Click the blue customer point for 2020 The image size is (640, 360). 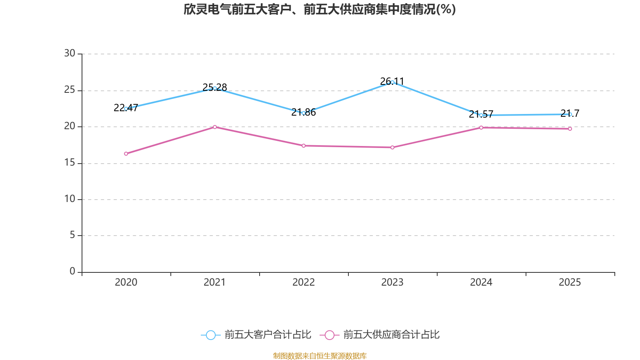(x=126, y=108)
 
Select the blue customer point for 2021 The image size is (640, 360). (x=215, y=88)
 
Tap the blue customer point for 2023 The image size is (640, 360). (x=392, y=82)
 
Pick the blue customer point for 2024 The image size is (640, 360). (x=481, y=115)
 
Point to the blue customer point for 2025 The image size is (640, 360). (x=570, y=114)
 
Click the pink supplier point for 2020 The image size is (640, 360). (x=126, y=154)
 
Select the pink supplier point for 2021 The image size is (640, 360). (x=215, y=127)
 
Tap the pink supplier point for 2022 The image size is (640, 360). (x=304, y=146)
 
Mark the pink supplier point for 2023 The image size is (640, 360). (x=392, y=148)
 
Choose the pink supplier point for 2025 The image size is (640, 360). (x=570, y=129)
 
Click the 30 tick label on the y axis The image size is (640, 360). (x=70, y=53)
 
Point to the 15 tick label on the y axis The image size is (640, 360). (x=70, y=162)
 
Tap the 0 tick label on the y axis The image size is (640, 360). (x=72, y=272)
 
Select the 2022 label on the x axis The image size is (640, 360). (x=304, y=282)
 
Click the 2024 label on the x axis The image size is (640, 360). (x=481, y=282)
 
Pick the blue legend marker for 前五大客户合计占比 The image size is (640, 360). (x=210, y=335)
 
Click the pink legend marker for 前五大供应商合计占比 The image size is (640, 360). (x=329, y=335)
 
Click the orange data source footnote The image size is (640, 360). (x=320, y=356)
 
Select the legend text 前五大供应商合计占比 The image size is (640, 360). (x=391, y=335)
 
